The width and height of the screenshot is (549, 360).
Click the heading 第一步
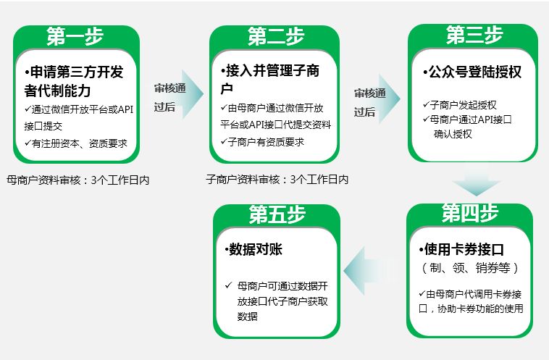click(75, 35)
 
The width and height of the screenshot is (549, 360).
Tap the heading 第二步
click(275, 35)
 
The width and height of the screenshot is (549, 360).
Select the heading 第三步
click(474, 35)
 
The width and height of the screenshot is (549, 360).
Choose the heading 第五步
click(277, 214)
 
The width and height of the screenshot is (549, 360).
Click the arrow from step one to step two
click(193, 94)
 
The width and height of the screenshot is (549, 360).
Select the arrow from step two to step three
click(390, 99)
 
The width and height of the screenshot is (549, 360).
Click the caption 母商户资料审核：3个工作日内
click(77, 180)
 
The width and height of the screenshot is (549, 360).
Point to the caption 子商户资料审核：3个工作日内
click(277, 180)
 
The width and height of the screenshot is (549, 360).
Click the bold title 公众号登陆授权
click(472, 72)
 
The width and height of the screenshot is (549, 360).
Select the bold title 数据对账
click(253, 249)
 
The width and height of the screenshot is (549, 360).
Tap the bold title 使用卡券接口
click(461, 249)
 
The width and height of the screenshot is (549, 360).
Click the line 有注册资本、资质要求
click(76, 143)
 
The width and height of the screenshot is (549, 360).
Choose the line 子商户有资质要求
click(263, 142)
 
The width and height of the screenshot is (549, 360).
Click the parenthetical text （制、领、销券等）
click(470, 268)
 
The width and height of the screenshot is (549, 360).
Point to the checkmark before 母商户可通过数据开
click(229, 285)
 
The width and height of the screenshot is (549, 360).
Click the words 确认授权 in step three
click(453, 134)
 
